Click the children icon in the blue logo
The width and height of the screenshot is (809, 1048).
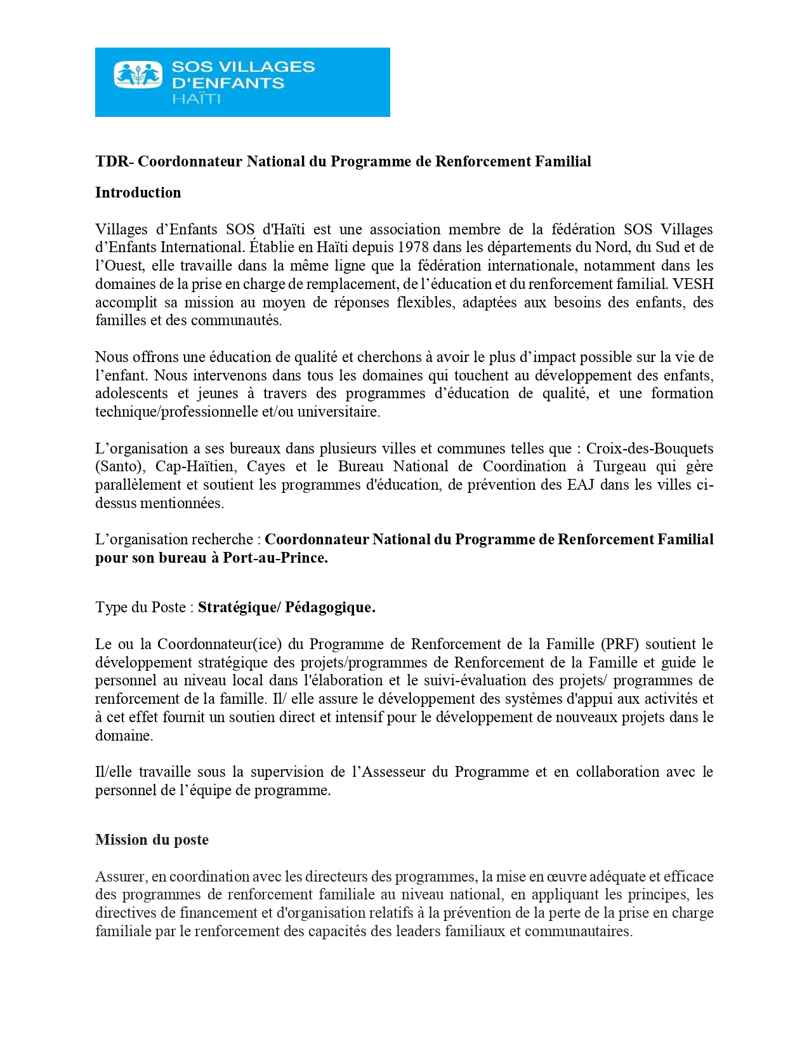138,74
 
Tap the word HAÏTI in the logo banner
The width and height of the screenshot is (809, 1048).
196,99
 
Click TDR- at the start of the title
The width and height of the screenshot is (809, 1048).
114,161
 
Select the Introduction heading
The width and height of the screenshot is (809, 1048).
138,192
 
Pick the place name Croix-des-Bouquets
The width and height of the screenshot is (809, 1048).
649,448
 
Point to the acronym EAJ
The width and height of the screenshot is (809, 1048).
575,485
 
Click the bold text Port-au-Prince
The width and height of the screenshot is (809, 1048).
275,558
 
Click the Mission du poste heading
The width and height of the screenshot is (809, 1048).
152,840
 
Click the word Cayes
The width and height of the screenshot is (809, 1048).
266,467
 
